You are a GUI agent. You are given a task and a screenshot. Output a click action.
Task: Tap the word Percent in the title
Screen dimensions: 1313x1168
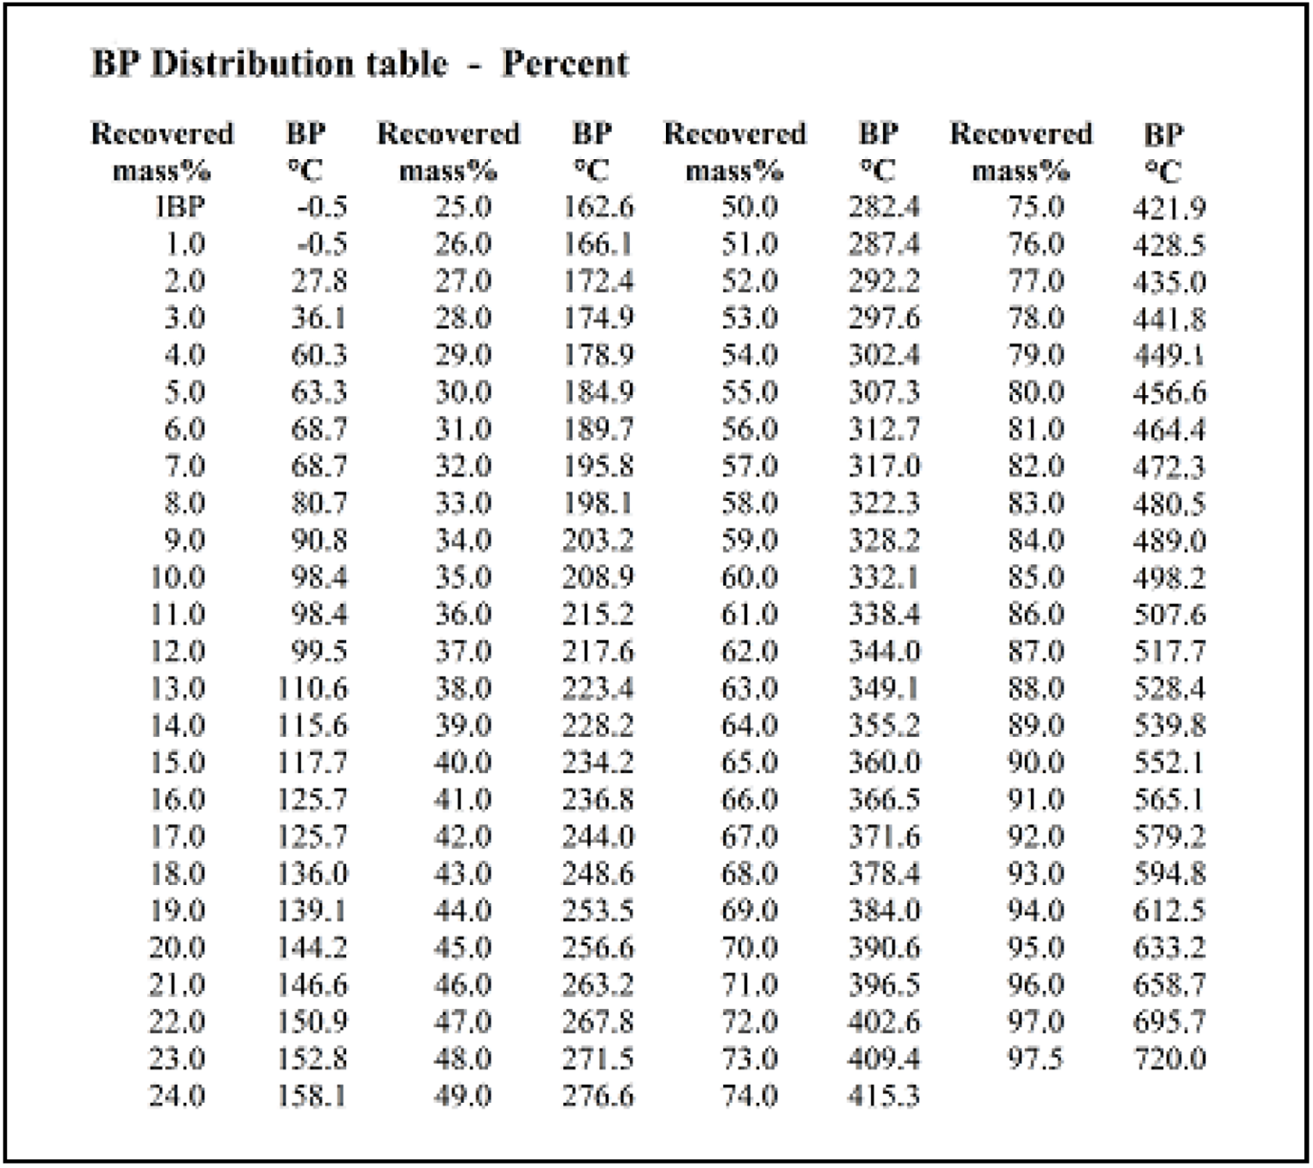coord(565,63)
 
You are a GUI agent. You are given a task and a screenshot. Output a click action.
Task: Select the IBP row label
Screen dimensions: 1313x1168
coord(180,208)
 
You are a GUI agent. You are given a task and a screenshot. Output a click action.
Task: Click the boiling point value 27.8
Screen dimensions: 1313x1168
coord(319,281)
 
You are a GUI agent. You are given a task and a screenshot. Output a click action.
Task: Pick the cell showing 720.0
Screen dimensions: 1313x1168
coord(1169,1059)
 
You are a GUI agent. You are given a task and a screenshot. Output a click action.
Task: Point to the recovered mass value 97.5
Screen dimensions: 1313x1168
coord(1035,1059)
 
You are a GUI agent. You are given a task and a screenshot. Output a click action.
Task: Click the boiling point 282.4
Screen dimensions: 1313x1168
coord(884,208)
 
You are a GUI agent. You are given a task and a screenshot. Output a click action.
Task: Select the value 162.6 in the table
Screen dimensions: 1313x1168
coord(598,208)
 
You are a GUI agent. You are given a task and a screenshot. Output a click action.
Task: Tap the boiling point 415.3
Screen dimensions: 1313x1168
coord(884,1096)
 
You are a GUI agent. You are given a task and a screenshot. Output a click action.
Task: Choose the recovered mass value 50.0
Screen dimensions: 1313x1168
coord(750,208)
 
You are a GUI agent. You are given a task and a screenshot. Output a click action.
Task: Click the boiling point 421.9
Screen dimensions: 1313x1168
coord(1169,209)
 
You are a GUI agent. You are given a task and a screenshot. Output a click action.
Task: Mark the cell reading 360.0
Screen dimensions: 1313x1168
coord(884,762)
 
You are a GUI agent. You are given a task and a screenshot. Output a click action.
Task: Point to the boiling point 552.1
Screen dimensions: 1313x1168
coord(1169,763)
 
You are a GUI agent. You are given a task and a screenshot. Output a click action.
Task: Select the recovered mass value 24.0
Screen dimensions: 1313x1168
coord(177,1096)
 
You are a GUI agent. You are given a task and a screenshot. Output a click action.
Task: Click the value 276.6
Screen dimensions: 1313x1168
coord(598,1096)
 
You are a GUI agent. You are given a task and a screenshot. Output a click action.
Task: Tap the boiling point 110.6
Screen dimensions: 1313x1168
coord(312,688)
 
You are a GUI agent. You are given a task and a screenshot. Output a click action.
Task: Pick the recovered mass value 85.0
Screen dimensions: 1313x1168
coord(1035,577)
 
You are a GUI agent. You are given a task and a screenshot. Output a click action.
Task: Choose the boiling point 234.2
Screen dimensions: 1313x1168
coord(598,762)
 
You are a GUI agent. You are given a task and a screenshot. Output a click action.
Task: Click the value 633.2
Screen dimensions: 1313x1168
coord(1169,948)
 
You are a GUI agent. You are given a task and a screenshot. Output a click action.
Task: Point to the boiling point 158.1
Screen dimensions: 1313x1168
coord(312,1096)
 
